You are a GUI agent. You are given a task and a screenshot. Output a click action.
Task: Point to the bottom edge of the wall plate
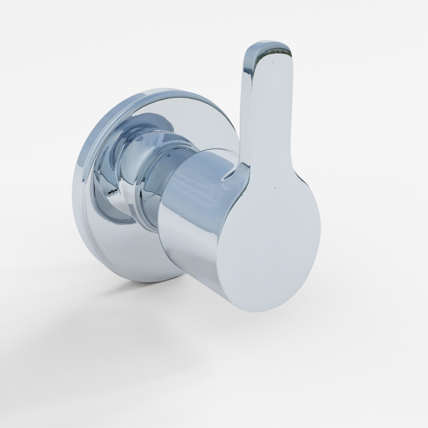point(146,280)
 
